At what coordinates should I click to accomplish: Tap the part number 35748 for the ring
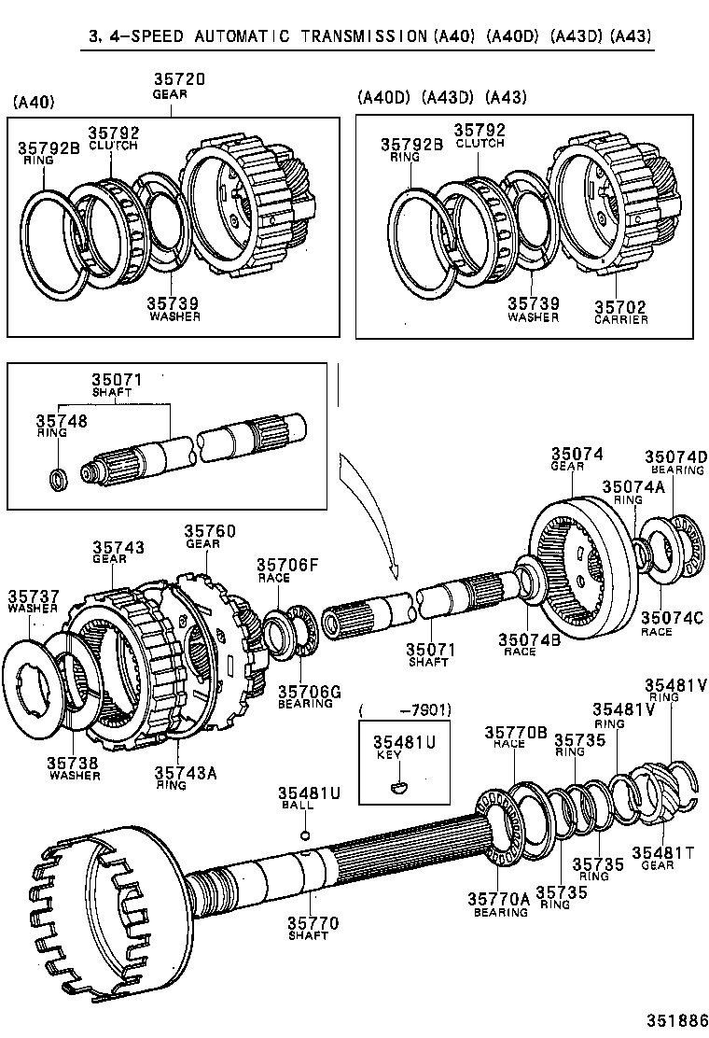62,422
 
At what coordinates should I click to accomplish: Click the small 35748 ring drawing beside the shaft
58,480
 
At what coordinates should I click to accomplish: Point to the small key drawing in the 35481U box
399,786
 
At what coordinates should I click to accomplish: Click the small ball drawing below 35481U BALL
304,835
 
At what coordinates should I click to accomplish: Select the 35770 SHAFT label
313,929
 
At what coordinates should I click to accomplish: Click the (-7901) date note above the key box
406,711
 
